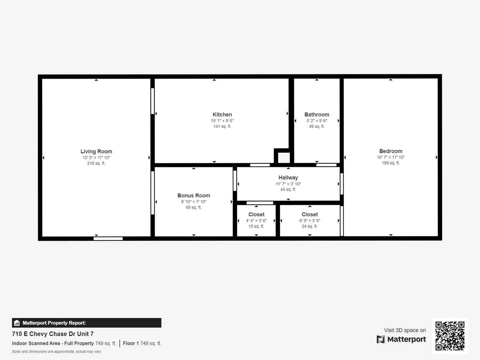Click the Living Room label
[96, 151]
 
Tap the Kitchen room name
[222, 114]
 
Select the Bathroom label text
[317, 114]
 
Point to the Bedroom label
[391, 151]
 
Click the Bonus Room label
[194, 195]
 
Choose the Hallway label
[288, 178]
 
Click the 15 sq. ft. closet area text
[256, 226]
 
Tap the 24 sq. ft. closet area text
[310, 226]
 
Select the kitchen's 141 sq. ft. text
[222, 126]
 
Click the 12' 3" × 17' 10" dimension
[96, 158]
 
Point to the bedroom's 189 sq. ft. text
[391, 163]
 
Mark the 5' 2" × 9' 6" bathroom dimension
[317, 121]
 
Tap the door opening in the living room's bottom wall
[108, 238]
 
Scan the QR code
[450, 336]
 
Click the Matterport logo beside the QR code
[401, 339]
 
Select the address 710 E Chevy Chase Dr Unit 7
[53, 334]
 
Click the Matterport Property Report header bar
[87, 323]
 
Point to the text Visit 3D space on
[405, 330]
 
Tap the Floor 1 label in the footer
[131, 343]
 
